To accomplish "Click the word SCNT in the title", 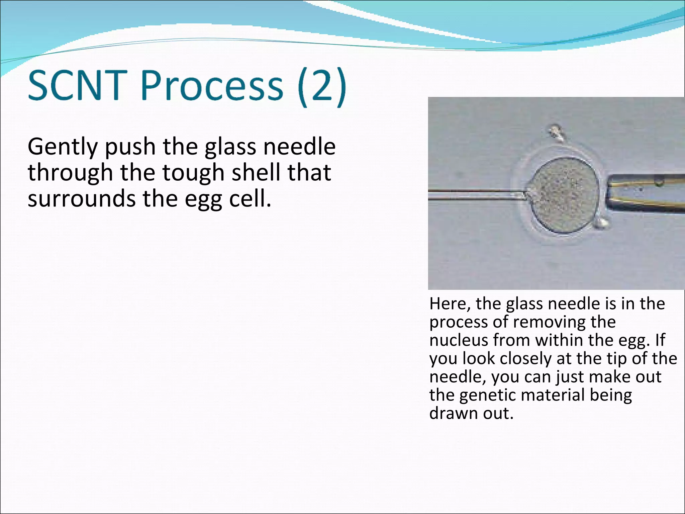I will click(78, 85).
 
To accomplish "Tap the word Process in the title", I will click(212, 85).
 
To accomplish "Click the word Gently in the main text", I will click(63, 147).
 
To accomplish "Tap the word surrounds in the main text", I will click(82, 199).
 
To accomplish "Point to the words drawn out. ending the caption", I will click(471, 413).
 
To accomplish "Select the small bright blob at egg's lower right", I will click(602, 223).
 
